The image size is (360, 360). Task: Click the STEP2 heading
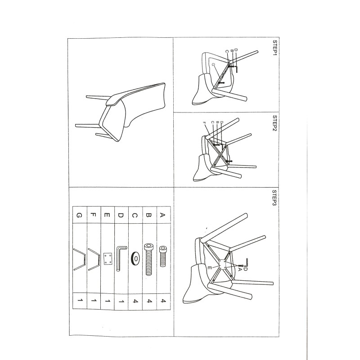tap(274, 123)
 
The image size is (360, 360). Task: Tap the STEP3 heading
tap(274, 198)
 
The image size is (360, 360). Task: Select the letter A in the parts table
tap(162, 215)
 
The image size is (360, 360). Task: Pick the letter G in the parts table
tap(79, 216)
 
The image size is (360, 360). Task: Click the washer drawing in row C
tap(135, 258)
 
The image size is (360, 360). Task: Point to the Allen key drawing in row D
tap(121, 258)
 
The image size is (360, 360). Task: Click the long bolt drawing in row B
tap(149, 260)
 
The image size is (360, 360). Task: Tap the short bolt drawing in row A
tap(163, 256)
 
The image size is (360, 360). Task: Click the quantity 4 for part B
tap(149, 301)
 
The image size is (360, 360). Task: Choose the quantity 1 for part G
tap(80, 300)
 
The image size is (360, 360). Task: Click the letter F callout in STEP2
tap(204, 123)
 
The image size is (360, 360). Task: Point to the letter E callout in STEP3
tap(209, 268)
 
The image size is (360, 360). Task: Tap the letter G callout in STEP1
tap(213, 65)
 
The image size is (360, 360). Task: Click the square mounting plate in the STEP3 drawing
tap(222, 265)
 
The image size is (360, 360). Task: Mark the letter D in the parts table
tap(121, 216)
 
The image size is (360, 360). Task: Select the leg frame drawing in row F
tap(94, 259)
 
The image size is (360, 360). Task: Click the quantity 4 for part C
tap(136, 301)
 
